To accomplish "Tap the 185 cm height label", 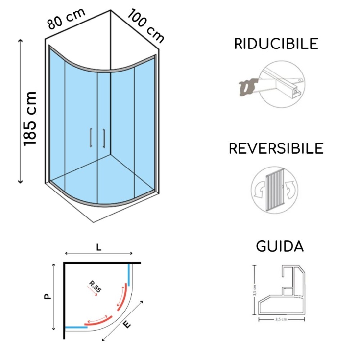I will coord(30,118).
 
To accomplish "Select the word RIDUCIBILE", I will coord(276,44).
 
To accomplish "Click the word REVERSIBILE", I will coord(276,148).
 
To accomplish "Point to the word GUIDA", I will coord(280,246).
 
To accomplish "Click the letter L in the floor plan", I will coord(98,248).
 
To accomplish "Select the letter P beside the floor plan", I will coord(47,296).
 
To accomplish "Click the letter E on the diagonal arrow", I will coord(127,324).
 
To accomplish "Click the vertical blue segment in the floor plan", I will coord(129,274).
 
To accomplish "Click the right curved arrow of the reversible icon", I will coord(291,189).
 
